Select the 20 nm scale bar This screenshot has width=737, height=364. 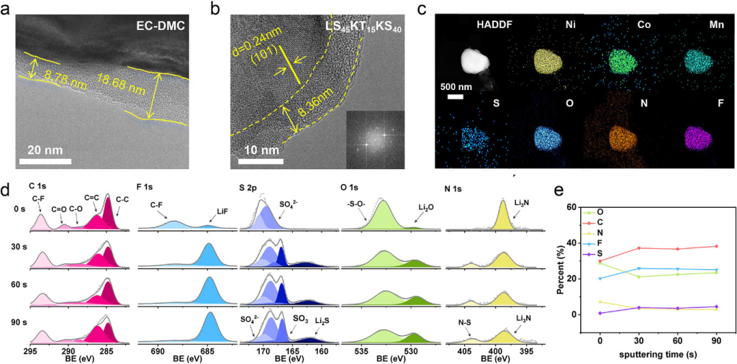click(x=43, y=159)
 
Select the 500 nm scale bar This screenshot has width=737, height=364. click(x=456, y=96)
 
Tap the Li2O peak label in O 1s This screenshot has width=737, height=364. click(x=425, y=207)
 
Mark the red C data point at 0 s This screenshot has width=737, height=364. click(x=600, y=261)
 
